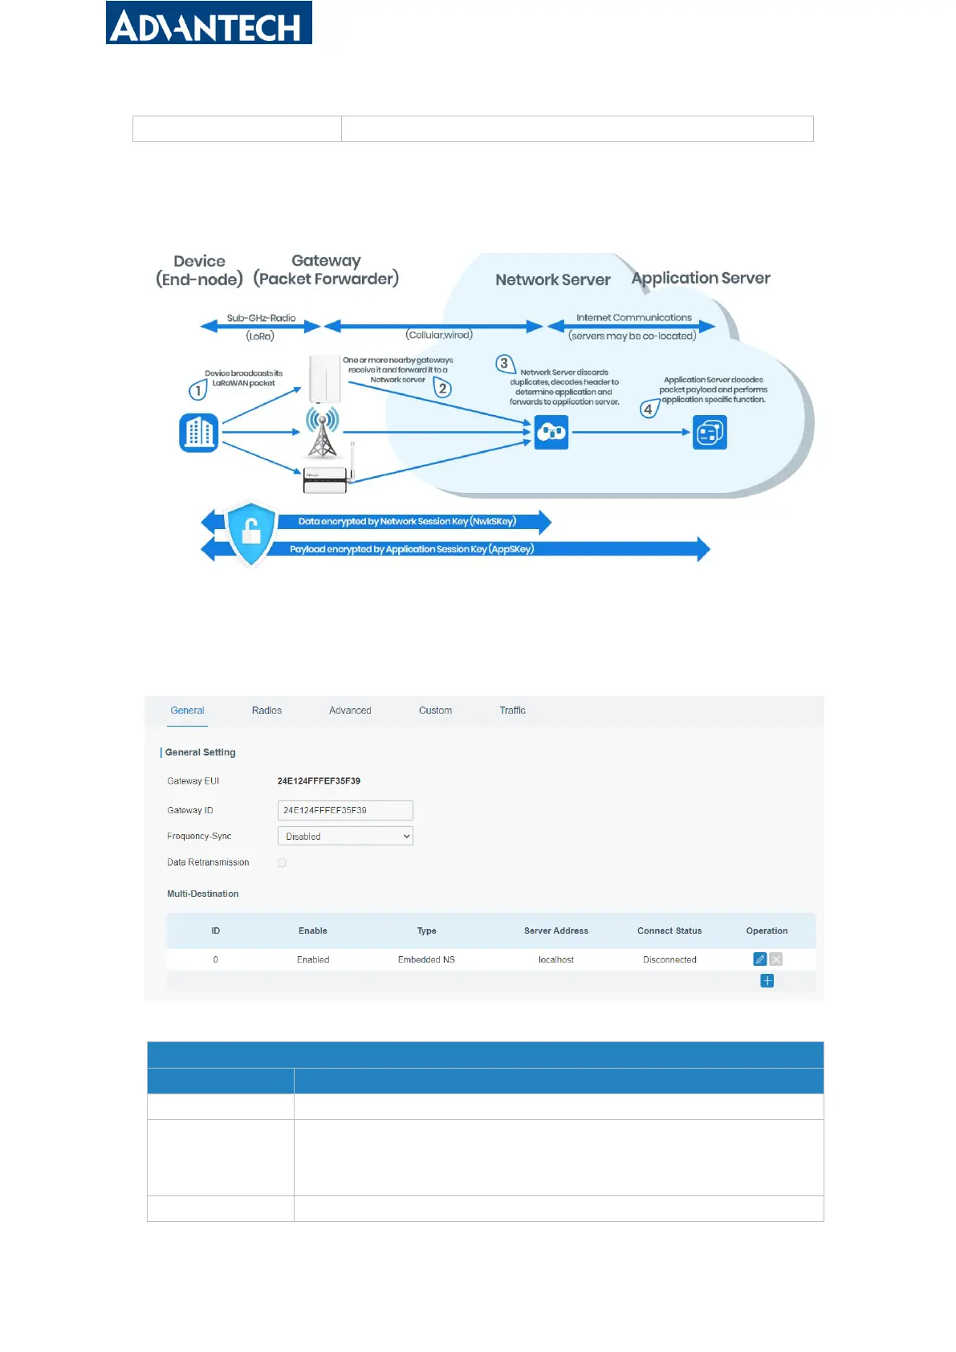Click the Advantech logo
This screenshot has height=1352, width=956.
click(x=209, y=23)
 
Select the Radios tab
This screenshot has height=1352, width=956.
click(x=266, y=711)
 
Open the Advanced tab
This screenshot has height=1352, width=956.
click(x=350, y=711)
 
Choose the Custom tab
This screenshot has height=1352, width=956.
click(x=435, y=711)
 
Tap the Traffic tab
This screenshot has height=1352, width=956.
click(x=512, y=711)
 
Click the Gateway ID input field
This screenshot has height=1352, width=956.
click(x=345, y=810)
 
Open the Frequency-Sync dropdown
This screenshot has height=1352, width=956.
click(x=345, y=837)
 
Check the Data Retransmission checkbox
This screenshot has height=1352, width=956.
click(x=282, y=863)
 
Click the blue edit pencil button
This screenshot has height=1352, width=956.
click(x=759, y=959)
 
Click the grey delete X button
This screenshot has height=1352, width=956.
click(x=776, y=959)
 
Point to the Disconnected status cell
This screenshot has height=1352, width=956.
click(x=669, y=960)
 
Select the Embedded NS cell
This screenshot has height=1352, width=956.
click(x=426, y=960)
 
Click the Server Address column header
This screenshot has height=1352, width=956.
click(x=556, y=931)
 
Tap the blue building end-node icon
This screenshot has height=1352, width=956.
click(x=199, y=433)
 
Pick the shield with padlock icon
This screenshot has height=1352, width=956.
click(x=251, y=533)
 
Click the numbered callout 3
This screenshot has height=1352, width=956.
click(x=504, y=364)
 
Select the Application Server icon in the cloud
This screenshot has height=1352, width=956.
click(x=710, y=433)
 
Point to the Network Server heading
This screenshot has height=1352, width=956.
click(x=553, y=280)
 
